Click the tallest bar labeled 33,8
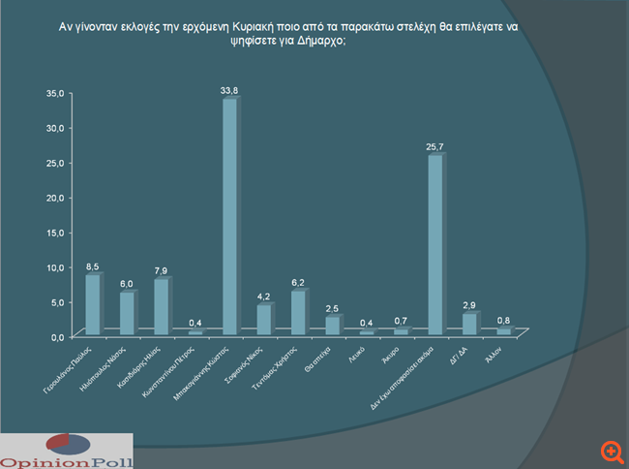[229, 216]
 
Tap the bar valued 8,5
[92, 304]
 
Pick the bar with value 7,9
[161, 306]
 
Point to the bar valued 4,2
[263, 319]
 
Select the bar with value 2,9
[468, 324]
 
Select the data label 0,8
[504, 319]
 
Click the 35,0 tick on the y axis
[54, 93]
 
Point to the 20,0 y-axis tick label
[54, 198]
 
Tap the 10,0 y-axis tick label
[54, 267]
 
